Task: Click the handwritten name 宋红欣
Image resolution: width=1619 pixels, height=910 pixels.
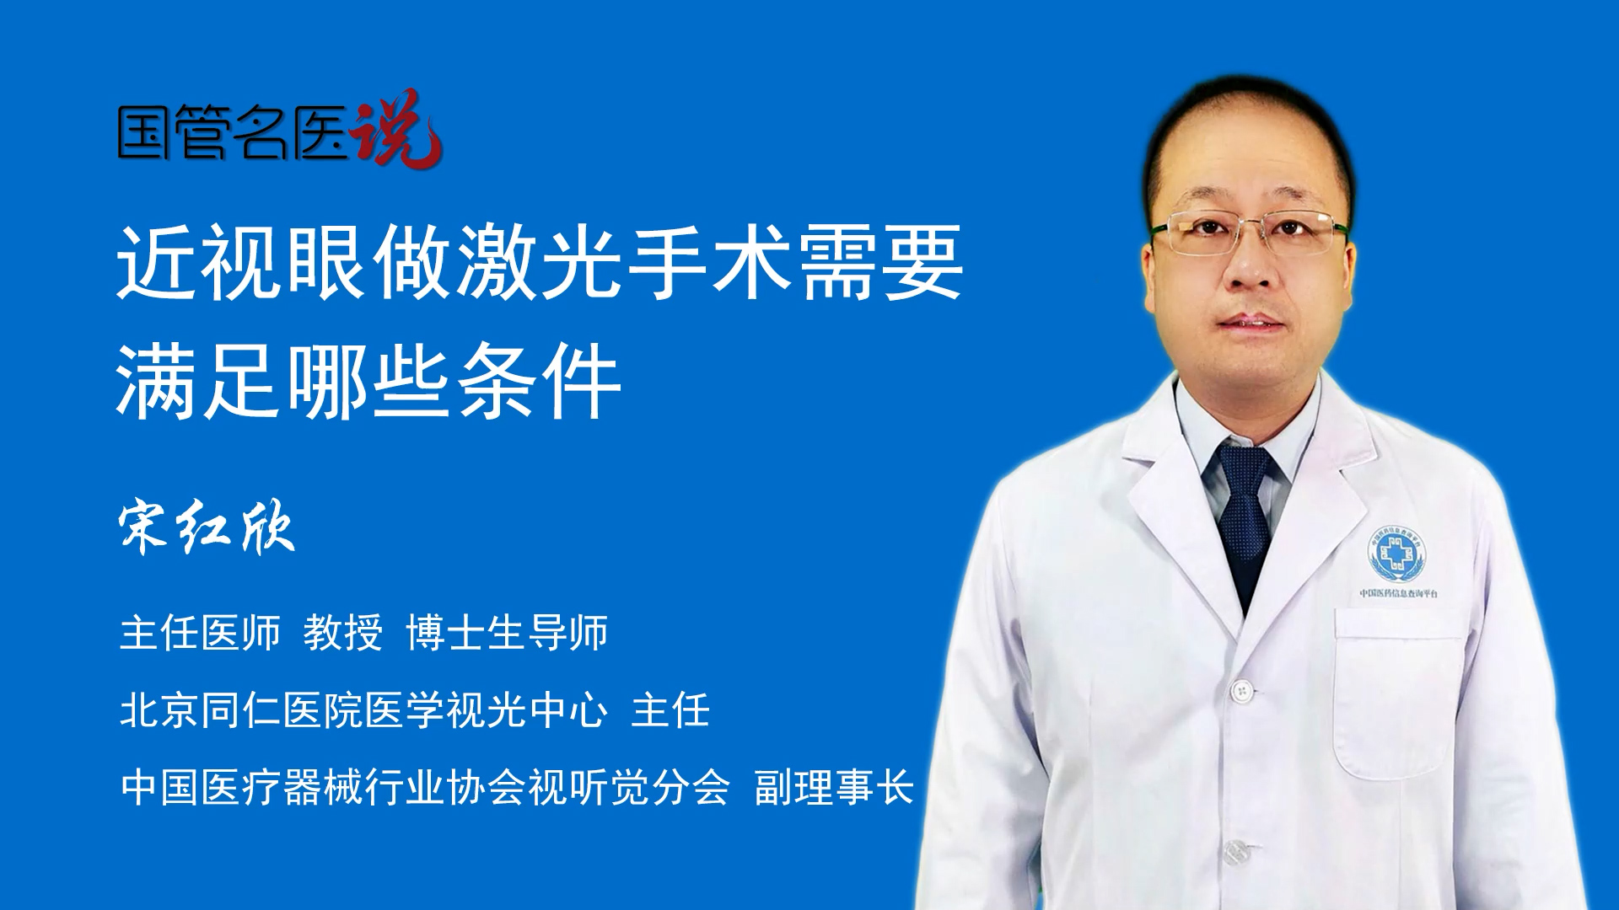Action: pyautogui.click(x=207, y=528)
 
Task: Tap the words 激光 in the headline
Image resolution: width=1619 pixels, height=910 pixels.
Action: pyautogui.click(x=541, y=262)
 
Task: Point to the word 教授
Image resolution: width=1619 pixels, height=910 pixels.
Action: pyautogui.click(x=343, y=633)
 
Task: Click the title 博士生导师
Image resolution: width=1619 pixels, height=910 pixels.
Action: pyautogui.click(x=507, y=633)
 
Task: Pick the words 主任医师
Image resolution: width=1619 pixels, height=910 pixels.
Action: pyautogui.click(x=200, y=633)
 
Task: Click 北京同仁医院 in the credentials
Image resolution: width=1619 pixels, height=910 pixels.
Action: pyautogui.click(x=242, y=710)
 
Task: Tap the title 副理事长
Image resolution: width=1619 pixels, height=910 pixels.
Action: pyautogui.click(x=835, y=788)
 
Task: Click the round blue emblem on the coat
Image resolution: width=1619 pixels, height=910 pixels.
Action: pyautogui.click(x=1396, y=554)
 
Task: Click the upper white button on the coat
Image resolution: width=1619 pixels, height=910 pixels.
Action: pyautogui.click(x=1241, y=691)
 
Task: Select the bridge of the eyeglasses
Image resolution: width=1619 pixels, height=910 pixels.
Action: pyautogui.click(x=1251, y=227)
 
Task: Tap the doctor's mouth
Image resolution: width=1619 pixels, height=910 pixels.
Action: pyautogui.click(x=1252, y=323)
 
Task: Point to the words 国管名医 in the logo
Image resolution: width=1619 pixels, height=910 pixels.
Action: pyautogui.click(x=233, y=132)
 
